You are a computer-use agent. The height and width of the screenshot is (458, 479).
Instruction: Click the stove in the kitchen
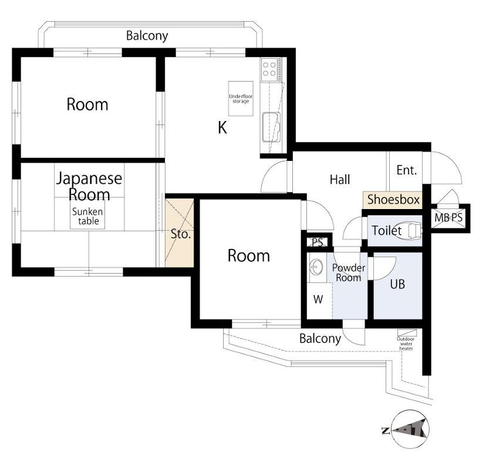click(x=272, y=69)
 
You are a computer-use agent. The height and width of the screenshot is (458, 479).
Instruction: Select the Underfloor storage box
click(x=241, y=99)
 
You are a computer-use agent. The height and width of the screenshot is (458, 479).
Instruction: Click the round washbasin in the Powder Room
click(x=316, y=267)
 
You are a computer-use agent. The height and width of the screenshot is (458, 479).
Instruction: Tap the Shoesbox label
click(x=393, y=200)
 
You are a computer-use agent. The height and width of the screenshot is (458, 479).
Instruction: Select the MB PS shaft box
click(x=448, y=218)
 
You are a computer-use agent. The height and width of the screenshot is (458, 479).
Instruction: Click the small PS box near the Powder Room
click(x=318, y=242)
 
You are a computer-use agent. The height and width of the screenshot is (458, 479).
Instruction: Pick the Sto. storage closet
click(x=180, y=233)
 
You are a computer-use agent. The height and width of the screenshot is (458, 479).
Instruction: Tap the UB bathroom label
click(x=397, y=284)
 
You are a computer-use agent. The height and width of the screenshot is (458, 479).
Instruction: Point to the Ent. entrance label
click(x=407, y=170)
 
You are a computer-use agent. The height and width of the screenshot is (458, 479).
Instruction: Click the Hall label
click(x=340, y=180)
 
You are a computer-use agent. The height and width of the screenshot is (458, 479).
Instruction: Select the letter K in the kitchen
click(x=222, y=127)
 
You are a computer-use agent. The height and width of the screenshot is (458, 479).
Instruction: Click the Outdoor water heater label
click(x=406, y=343)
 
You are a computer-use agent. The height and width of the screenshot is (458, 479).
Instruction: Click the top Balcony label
click(x=147, y=36)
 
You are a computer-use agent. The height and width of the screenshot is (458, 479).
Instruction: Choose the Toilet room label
click(x=386, y=230)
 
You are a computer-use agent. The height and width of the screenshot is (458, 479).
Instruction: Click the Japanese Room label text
click(x=89, y=186)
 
